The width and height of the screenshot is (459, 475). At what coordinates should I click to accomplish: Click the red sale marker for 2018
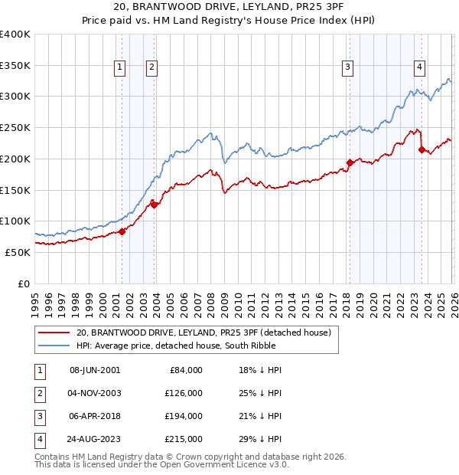coord(350,162)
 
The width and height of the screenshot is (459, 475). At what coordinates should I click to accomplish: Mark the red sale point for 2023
coord(422,149)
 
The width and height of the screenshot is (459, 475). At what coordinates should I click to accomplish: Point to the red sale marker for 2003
coord(154,205)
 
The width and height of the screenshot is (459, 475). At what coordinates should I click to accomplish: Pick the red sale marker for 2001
coord(122,231)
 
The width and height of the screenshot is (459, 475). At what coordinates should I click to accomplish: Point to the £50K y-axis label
coord(18,252)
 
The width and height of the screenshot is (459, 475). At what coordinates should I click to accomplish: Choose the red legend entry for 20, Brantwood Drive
coord(203,332)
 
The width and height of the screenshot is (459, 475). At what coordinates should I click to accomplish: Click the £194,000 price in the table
coord(184,416)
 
